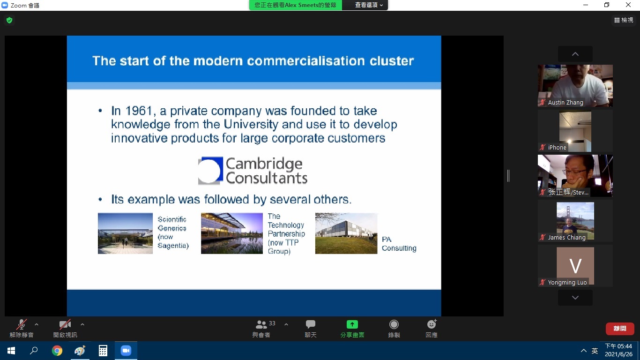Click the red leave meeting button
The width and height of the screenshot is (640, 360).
(620, 329)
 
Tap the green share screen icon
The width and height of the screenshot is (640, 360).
(352, 324)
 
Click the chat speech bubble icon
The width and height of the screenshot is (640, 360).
(310, 324)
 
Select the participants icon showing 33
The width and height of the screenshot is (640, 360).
(261, 324)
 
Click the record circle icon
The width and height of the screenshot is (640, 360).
(394, 324)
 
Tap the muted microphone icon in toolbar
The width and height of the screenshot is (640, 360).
(22, 324)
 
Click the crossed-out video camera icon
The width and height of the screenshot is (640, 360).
(65, 324)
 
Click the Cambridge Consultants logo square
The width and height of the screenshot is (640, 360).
(210, 171)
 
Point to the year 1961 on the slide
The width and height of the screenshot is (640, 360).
(139, 111)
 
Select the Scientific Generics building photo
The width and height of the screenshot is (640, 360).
(125, 233)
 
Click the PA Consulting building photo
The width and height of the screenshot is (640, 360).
(346, 233)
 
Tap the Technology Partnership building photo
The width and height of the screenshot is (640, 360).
(232, 233)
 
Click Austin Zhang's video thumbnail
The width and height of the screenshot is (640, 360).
(575, 86)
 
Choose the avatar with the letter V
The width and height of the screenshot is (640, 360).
(575, 266)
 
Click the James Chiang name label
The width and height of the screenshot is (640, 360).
(566, 237)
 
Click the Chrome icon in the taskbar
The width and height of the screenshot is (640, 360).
(57, 351)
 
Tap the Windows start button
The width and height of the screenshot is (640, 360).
(11, 351)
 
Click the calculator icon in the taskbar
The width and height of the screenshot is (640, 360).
(103, 351)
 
